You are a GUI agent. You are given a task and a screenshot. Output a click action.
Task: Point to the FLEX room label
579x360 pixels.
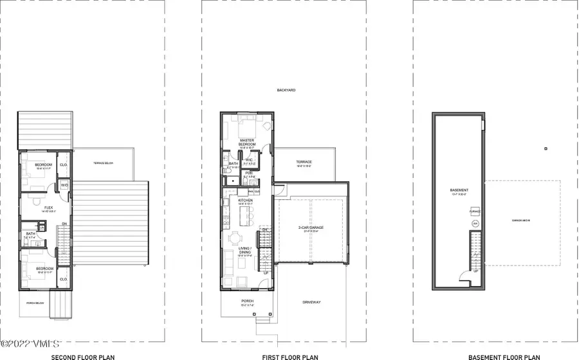click(x=48, y=208)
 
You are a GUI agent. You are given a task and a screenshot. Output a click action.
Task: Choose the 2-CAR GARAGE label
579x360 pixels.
click(x=311, y=228)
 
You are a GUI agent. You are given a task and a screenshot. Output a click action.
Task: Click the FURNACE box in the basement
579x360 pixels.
click(x=475, y=211)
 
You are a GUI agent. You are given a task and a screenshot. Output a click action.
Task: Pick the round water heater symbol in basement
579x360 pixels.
click(x=475, y=223)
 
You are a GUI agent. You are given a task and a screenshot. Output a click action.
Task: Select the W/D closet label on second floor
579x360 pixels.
click(x=64, y=186)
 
